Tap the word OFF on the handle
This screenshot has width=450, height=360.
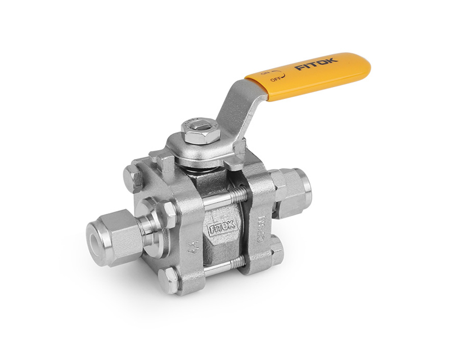tap(277, 79)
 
